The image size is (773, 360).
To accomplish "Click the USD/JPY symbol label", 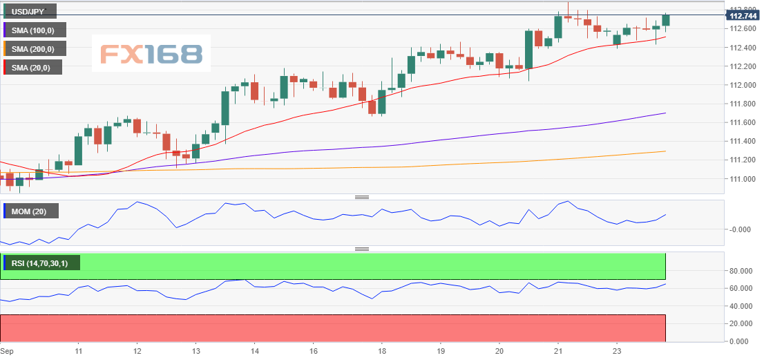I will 29,10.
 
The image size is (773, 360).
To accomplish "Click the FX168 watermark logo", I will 152,54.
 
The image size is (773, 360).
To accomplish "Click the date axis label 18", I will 381,350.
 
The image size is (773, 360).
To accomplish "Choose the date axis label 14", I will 254,350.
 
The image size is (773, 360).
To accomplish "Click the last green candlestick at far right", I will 666,21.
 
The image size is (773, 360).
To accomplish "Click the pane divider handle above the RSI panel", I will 362,249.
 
